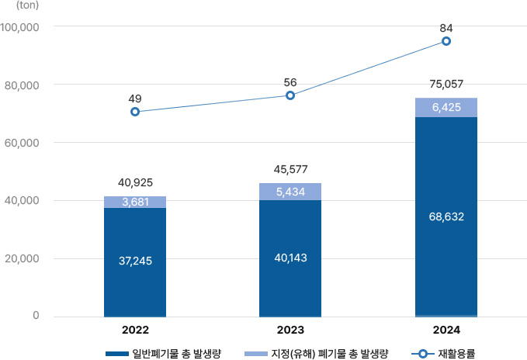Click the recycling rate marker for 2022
pyautogui.click(x=135, y=112)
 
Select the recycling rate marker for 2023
pyautogui.click(x=290, y=95)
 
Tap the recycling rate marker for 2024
pyautogui.click(x=446, y=41)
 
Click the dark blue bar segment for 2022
pyautogui.click(x=135, y=261)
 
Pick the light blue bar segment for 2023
pyautogui.click(x=290, y=192)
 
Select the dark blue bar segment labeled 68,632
pyautogui.click(x=446, y=216)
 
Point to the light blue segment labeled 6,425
pyautogui.click(x=446, y=107)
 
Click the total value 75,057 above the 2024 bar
pyautogui.click(x=446, y=83)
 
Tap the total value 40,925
pyautogui.click(x=135, y=182)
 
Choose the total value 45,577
pyautogui.click(x=290, y=168)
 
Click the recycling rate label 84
pyautogui.click(x=446, y=28)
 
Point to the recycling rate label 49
pyautogui.click(x=135, y=99)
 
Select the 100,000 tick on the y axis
pyautogui.click(x=21, y=27)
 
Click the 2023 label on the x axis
pyautogui.click(x=290, y=329)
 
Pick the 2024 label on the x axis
pyautogui.click(x=446, y=329)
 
